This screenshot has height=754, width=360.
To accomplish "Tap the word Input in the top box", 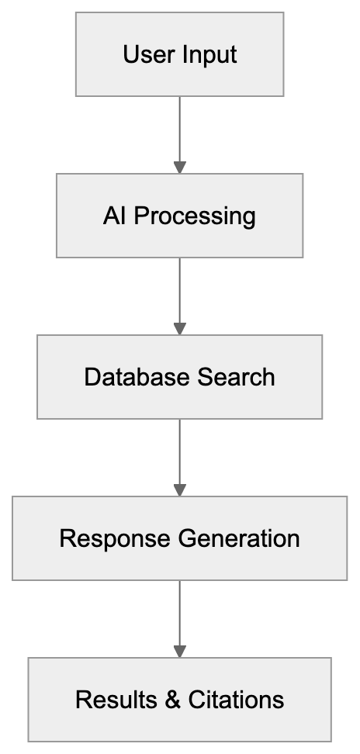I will [209, 56].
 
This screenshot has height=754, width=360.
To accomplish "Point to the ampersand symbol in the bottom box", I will [171, 700].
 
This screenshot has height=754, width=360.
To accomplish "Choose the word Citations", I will [236, 700].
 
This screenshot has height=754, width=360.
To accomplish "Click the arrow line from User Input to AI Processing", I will [180, 128].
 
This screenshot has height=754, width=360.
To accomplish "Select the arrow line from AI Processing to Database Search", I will [180, 289].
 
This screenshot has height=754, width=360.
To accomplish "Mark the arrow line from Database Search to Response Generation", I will [180, 451].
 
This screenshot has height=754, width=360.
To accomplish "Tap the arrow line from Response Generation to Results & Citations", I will [180, 612].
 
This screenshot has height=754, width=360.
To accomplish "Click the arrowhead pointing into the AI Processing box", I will [180, 167].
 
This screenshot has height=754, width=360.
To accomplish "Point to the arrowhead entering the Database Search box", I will [180, 328].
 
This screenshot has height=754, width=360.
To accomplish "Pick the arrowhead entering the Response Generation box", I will [180, 489].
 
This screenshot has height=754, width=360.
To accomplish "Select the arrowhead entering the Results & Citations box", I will [180, 651].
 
